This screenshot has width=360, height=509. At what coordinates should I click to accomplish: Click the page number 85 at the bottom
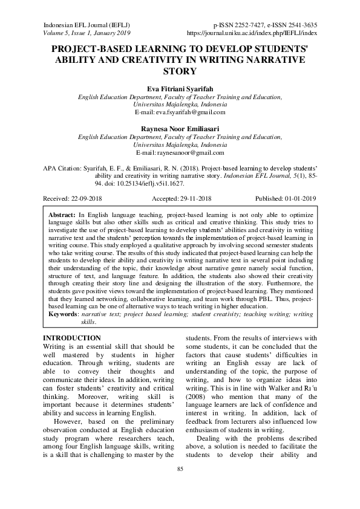[180, 485]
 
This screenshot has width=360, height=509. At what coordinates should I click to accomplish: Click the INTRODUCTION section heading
[70, 338]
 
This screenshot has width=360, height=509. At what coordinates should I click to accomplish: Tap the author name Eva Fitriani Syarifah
[180, 87]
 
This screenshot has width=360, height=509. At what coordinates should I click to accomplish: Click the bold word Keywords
[64, 315]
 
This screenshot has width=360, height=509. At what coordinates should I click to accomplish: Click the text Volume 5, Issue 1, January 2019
[87, 33]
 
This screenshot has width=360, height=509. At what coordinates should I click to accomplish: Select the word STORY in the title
[180, 71]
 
